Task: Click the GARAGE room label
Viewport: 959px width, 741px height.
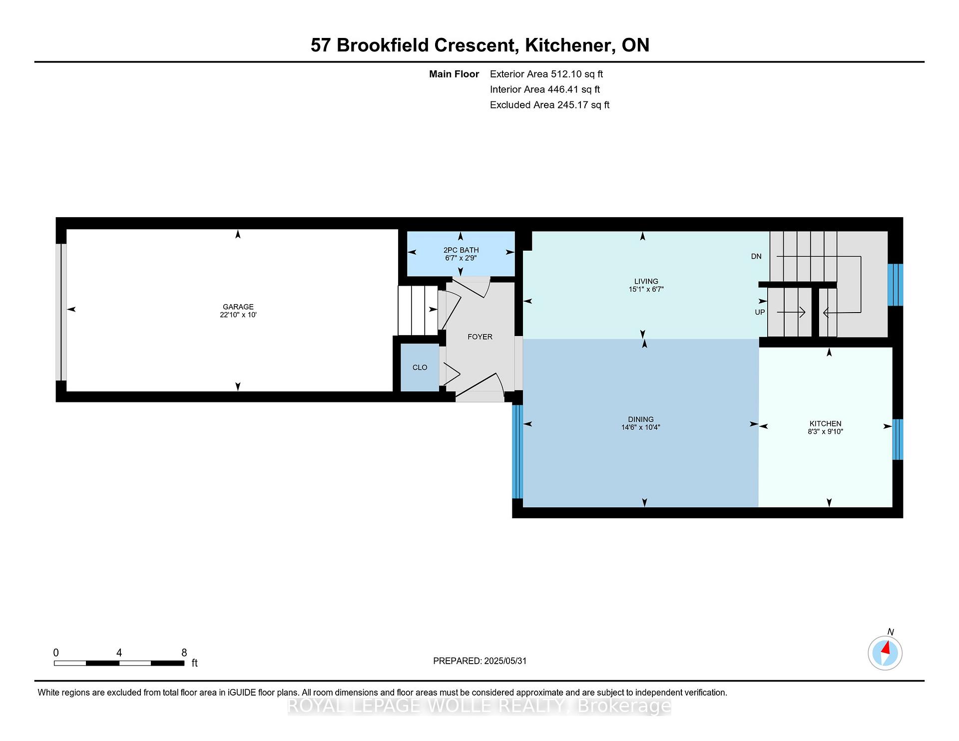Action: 238,307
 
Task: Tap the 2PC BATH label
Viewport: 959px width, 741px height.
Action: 461,250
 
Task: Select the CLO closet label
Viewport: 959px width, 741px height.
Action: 420,368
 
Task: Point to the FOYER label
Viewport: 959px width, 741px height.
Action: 480,337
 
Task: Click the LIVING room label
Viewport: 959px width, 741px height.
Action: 646,281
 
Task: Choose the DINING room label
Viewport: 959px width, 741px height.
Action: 641,419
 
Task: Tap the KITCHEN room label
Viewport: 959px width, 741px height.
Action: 826,423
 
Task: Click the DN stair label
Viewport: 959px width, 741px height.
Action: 756,256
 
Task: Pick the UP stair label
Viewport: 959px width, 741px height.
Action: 760,312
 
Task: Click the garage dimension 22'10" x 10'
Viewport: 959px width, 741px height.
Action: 238,315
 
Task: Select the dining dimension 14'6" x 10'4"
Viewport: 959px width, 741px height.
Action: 641,427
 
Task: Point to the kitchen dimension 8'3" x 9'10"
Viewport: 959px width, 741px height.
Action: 826,431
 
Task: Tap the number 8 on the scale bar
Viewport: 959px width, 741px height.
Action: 184,653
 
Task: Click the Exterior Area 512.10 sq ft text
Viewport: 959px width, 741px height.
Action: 546,74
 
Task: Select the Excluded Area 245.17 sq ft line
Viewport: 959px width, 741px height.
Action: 550,105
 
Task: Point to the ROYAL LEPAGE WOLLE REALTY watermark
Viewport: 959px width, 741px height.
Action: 479,706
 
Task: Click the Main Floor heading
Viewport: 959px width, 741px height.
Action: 454,74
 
